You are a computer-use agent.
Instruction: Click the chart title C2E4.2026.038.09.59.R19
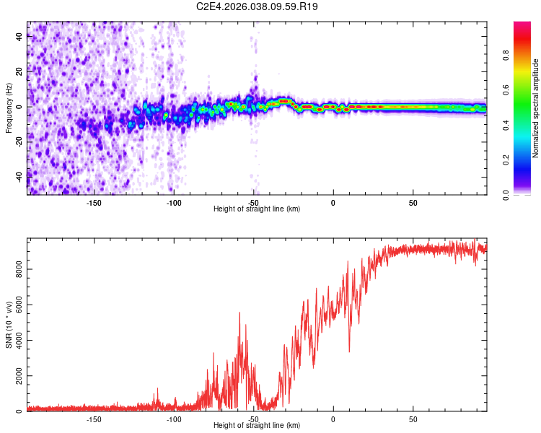click(x=258, y=6)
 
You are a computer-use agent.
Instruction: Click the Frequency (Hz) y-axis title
click(x=9, y=108)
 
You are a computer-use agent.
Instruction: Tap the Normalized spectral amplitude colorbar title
click(x=536, y=108)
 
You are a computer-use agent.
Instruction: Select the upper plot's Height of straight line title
click(x=257, y=209)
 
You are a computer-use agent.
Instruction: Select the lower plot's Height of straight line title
click(x=257, y=426)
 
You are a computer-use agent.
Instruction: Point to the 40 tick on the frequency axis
click(x=19, y=38)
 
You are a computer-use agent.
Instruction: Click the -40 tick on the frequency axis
click(x=19, y=176)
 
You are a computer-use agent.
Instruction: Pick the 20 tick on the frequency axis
click(x=19, y=72)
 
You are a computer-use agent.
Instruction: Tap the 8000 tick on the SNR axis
click(x=19, y=269)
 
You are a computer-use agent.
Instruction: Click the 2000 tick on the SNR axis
click(x=19, y=376)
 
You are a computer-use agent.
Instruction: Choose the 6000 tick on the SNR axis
click(x=19, y=305)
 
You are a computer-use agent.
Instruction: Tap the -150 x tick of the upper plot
click(x=94, y=203)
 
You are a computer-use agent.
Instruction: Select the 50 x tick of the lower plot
click(x=413, y=419)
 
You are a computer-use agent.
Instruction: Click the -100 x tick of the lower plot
click(x=174, y=419)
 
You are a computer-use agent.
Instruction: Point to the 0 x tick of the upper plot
click(x=333, y=203)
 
